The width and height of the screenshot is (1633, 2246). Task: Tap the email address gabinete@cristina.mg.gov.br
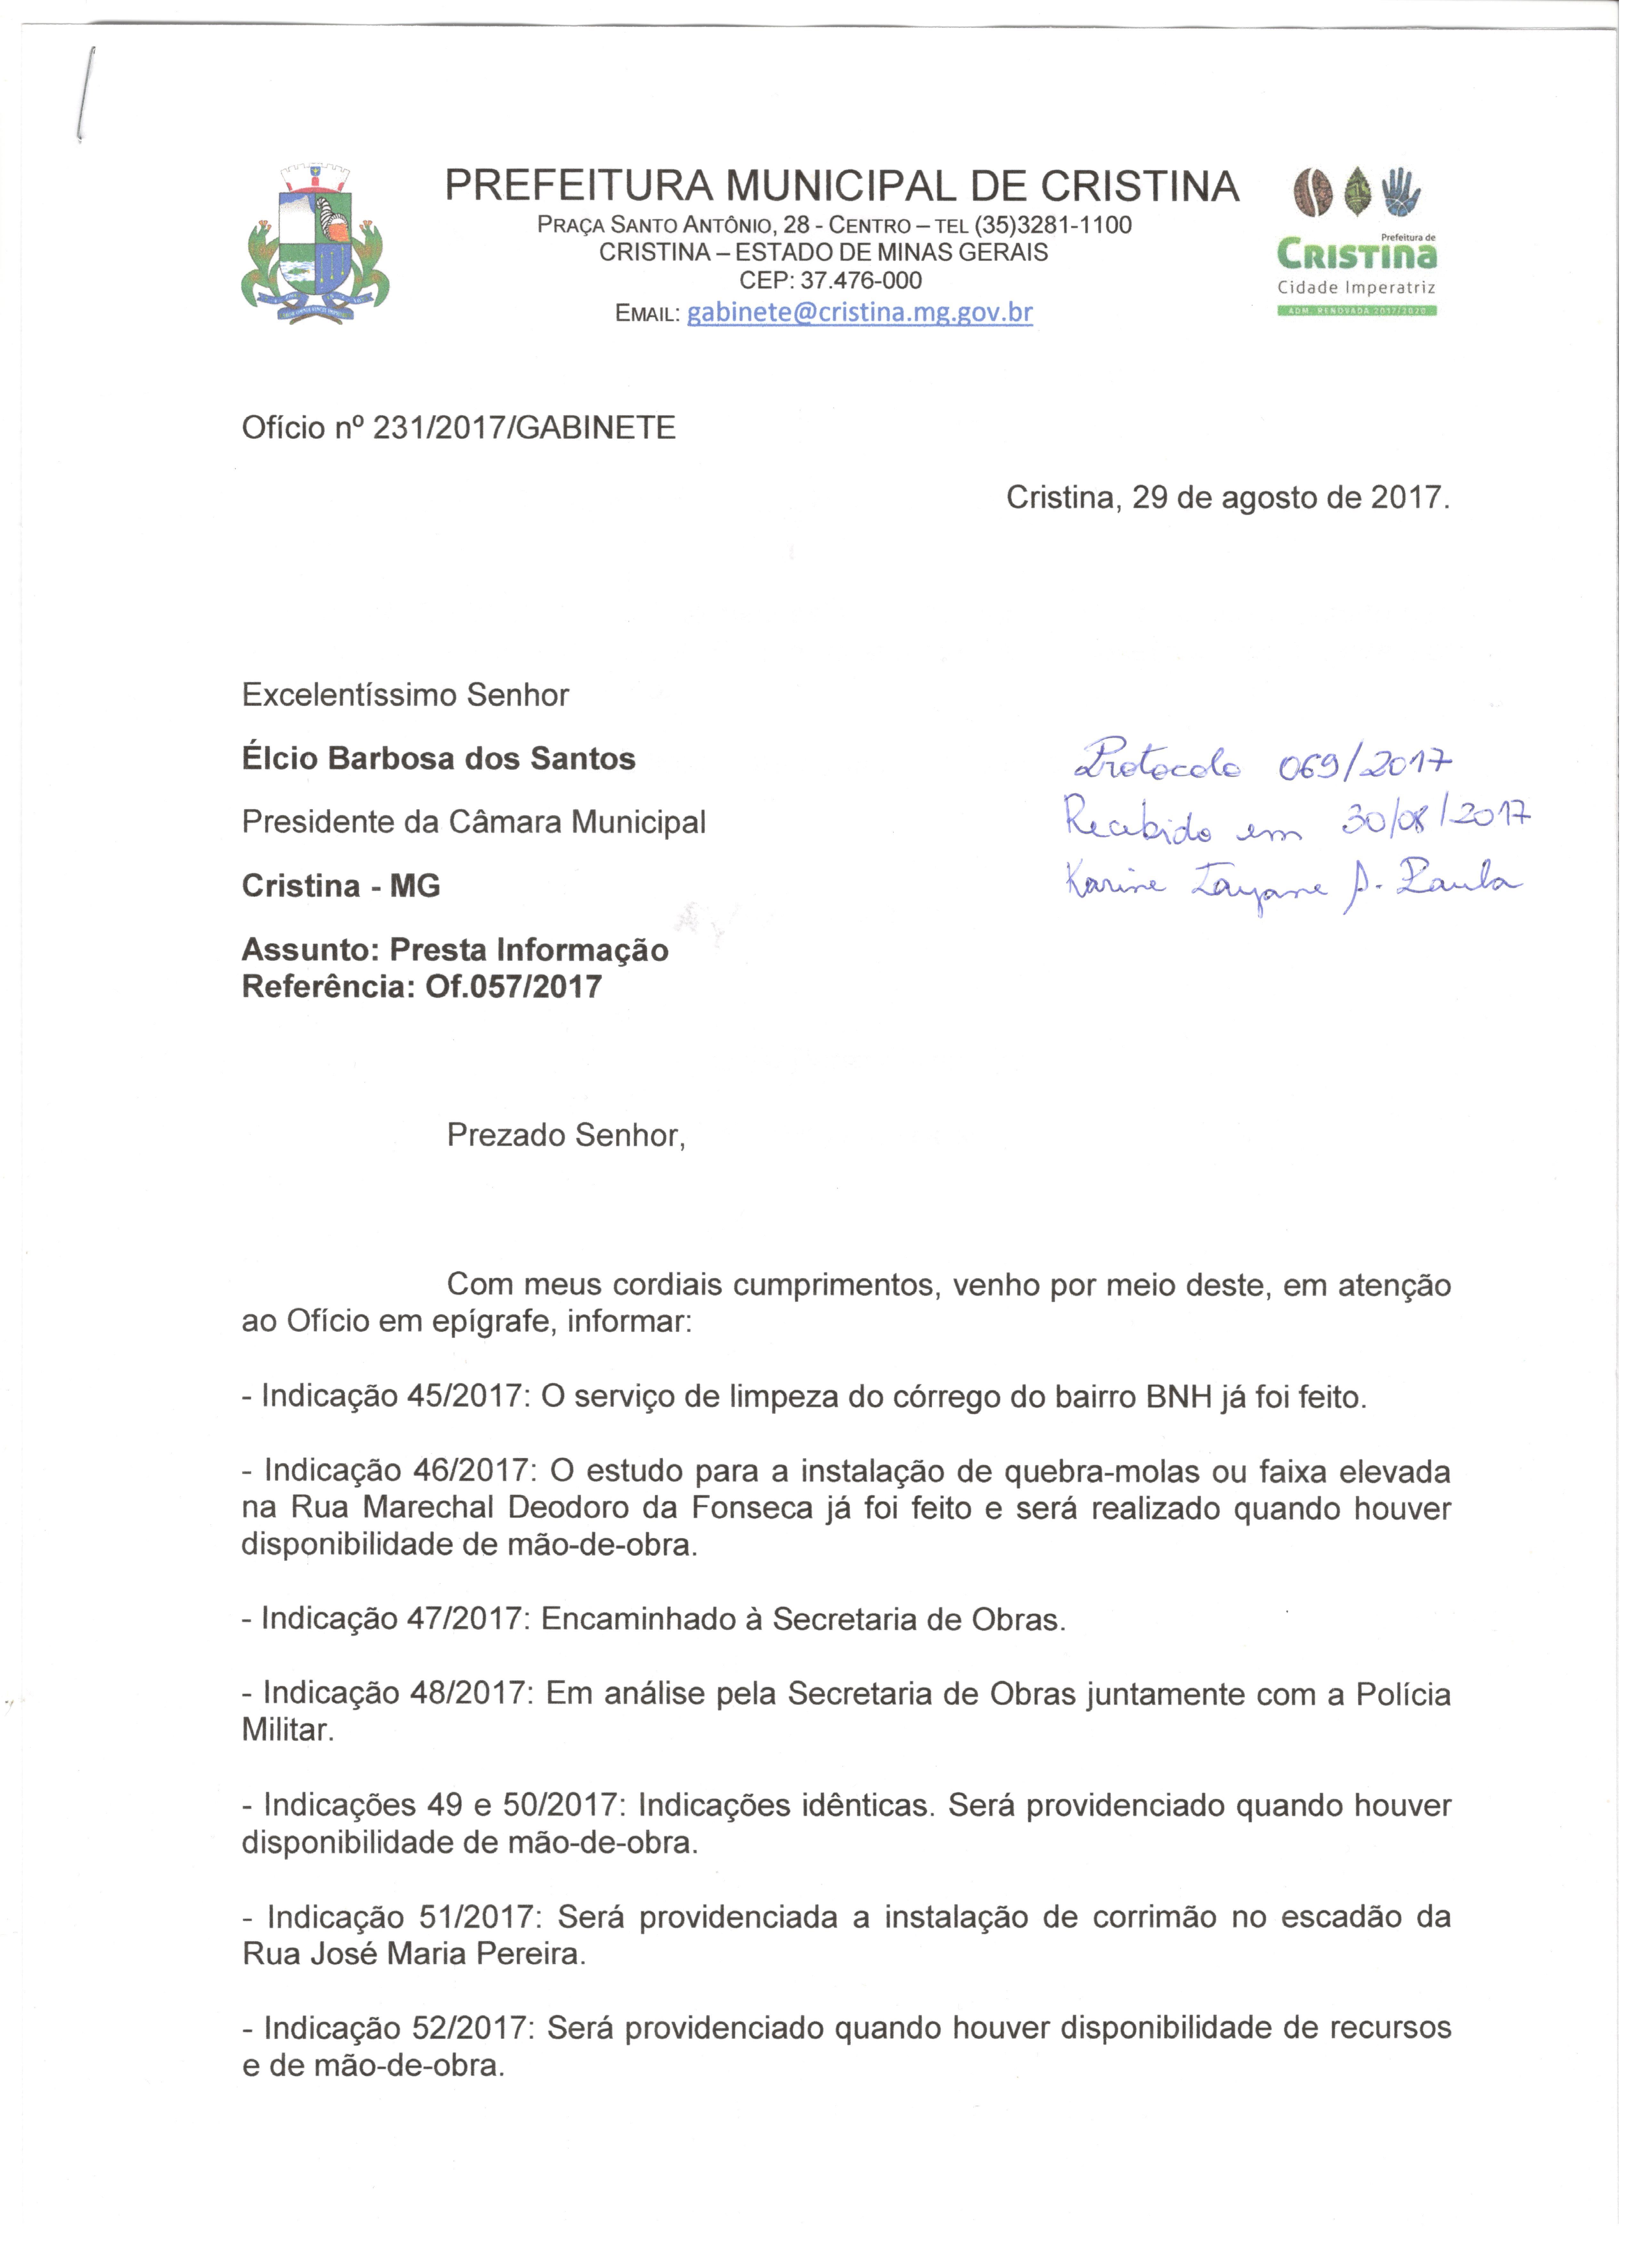(860, 313)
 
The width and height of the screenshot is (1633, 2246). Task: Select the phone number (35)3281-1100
(1053, 225)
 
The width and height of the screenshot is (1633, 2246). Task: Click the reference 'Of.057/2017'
(513, 987)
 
